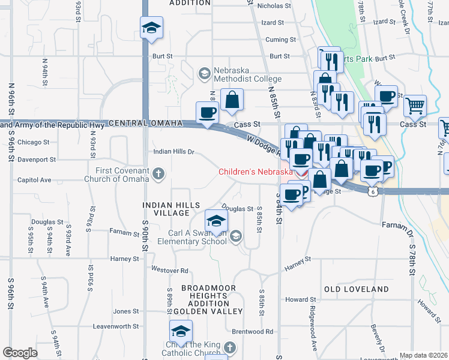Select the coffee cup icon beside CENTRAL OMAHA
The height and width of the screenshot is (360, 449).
click(x=208, y=113)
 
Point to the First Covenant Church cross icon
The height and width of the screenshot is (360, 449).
click(x=158, y=175)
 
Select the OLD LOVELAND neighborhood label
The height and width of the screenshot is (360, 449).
click(x=357, y=289)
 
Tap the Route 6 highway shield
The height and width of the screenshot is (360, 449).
click(x=373, y=191)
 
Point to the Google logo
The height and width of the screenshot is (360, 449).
click(x=20, y=353)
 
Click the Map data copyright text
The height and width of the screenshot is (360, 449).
click(x=423, y=355)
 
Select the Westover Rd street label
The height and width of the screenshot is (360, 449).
click(x=170, y=270)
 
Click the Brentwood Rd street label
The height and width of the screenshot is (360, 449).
click(x=252, y=331)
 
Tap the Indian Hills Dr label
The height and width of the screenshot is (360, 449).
click(x=174, y=152)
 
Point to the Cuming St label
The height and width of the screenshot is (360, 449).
click(x=281, y=40)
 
